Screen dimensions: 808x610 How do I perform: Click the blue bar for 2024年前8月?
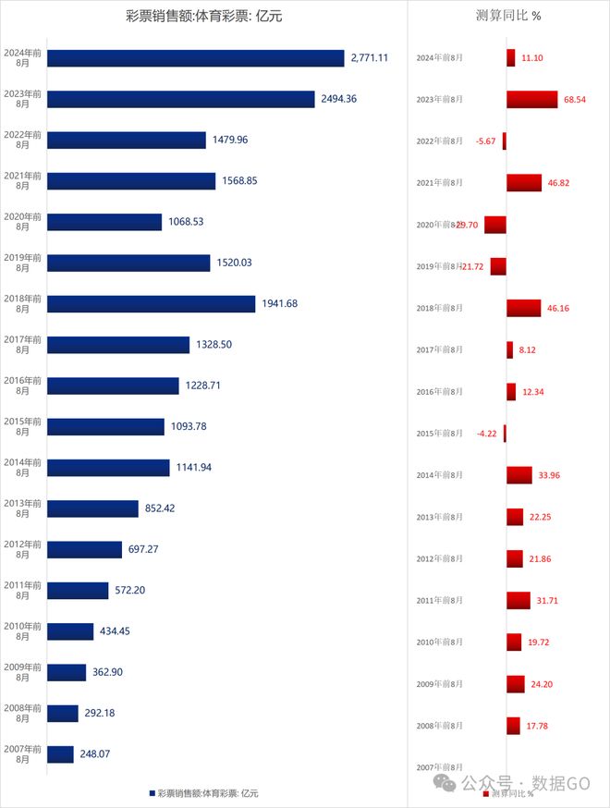pyautogui.click(x=195, y=58)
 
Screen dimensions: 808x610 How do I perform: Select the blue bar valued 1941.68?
pyautogui.click(x=151, y=303)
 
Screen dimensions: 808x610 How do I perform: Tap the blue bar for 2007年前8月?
pyautogui.click(x=60, y=754)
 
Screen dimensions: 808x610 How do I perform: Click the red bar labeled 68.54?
pyautogui.click(x=531, y=99)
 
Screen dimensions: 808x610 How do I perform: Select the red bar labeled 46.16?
pyautogui.click(x=523, y=308)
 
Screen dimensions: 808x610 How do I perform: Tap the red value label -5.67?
pyautogui.click(x=485, y=141)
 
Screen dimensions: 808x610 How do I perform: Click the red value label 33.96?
pyautogui.click(x=549, y=476)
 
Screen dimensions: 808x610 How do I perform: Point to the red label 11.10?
pyautogui.click(x=531, y=57)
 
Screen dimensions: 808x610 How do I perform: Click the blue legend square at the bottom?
pyautogui.click(x=152, y=793)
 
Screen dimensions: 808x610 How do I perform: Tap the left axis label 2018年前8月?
pyautogui.click(x=22, y=303)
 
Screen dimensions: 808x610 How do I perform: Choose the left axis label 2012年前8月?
pyautogui.click(x=22, y=549)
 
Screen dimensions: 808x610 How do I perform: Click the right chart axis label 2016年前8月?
pyautogui.click(x=440, y=392)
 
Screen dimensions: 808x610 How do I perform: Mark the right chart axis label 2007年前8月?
pyautogui.click(x=440, y=767)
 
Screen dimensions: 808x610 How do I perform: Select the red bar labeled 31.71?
pyautogui.click(x=518, y=601)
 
